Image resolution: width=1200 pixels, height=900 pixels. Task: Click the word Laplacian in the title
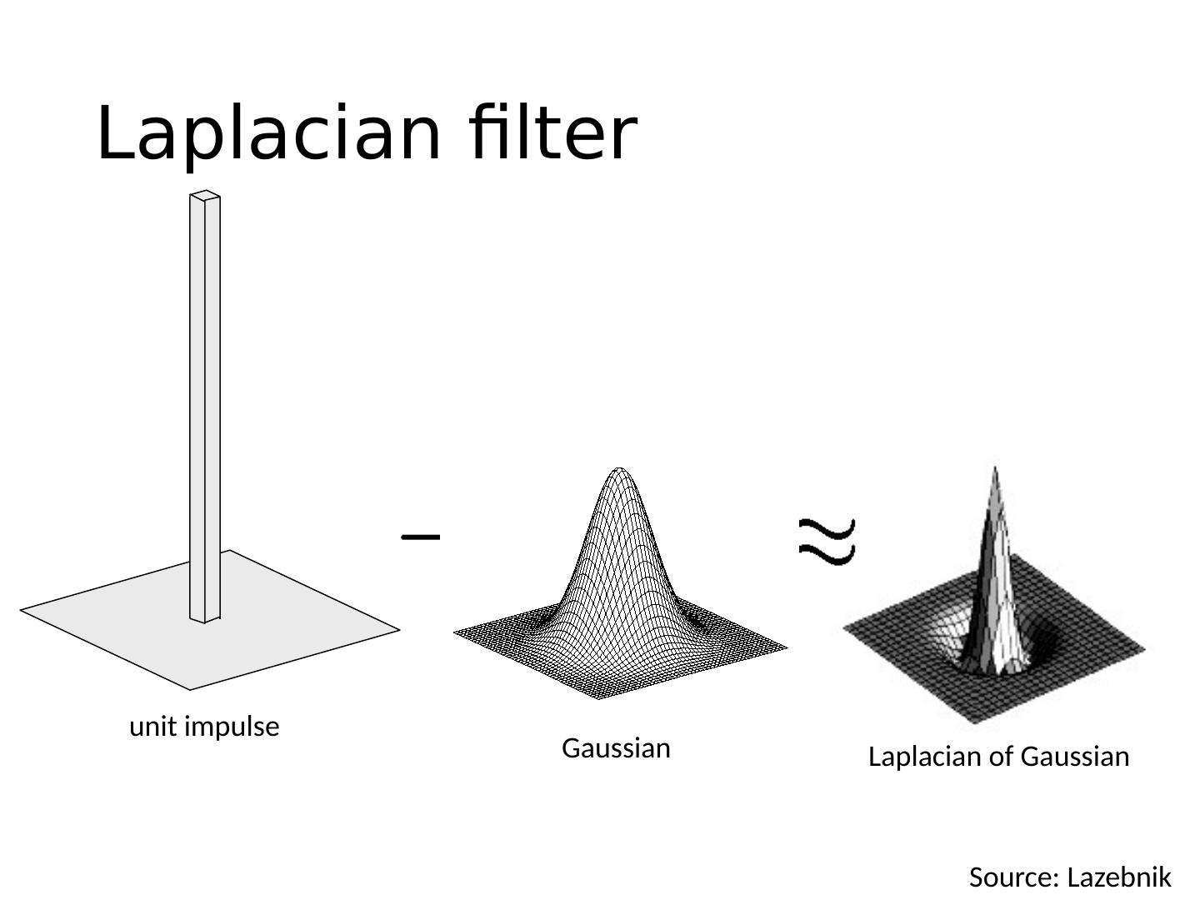click(x=267, y=133)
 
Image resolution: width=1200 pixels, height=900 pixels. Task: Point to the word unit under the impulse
click(x=153, y=727)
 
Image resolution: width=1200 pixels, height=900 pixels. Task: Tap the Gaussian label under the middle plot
click(x=616, y=748)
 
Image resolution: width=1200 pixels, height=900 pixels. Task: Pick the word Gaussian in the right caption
click(x=1074, y=757)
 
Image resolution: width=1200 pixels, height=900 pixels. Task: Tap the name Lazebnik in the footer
click(x=1119, y=877)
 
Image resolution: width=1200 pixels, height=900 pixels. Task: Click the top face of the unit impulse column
click(x=205, y=196)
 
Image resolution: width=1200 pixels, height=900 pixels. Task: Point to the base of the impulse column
click(x=205, y=617)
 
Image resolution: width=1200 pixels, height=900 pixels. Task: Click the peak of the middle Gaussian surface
click(x=618, y=471)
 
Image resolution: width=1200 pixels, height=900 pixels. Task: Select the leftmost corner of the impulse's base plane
click(x=22, y=610)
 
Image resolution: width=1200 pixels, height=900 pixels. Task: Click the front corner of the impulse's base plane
click(x=190, y=688)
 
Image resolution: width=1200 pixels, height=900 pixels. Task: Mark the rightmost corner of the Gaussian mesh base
click(x=785, y=646)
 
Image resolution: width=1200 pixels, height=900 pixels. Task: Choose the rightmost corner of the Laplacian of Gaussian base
click(x=1144, y=647)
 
